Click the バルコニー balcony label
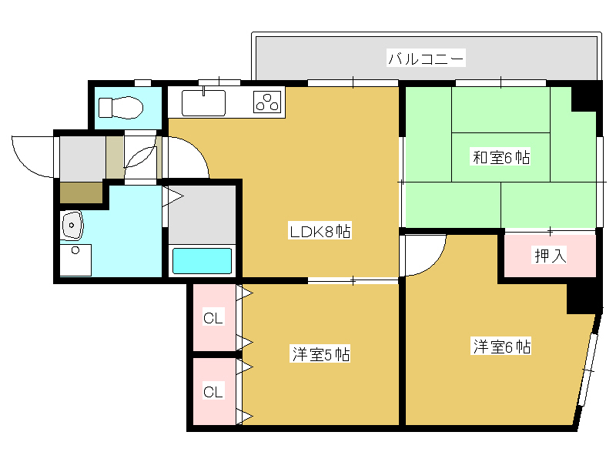(426, 59)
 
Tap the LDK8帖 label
(320, 231)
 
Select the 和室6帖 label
(501, 157)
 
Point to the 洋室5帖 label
(320, 354)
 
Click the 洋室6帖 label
(501, 346)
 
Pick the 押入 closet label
(550, 256)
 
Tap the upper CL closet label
(213, 317)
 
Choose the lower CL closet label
(213, 391)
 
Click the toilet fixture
(121, 107)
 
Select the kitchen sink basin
(203, 103)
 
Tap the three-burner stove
(267, 102)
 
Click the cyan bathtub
(202, 261)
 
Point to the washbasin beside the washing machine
(72, 226)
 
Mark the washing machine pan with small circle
(75, 260)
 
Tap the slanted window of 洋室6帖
(588, 370)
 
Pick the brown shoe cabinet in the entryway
(82, 192)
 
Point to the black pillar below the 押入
(584, 299)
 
